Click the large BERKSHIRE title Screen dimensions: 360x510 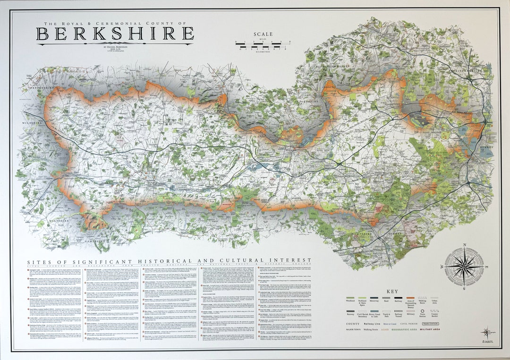pyautogui.click(x=115, y=34)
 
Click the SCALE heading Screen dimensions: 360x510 pyautogui.click(x=263, y=34)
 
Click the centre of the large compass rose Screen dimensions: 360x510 pyautogui.click(x=464, y=266)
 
